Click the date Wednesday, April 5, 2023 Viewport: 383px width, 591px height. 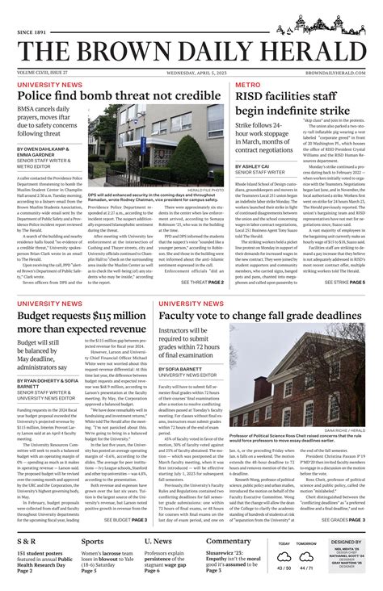click(191, 72)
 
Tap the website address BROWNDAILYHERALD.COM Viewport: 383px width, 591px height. click(332, 72)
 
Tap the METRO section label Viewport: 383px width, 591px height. click(247, 84)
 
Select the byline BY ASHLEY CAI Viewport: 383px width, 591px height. click(252, 166)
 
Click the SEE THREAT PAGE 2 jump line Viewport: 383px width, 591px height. click(203, 283)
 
